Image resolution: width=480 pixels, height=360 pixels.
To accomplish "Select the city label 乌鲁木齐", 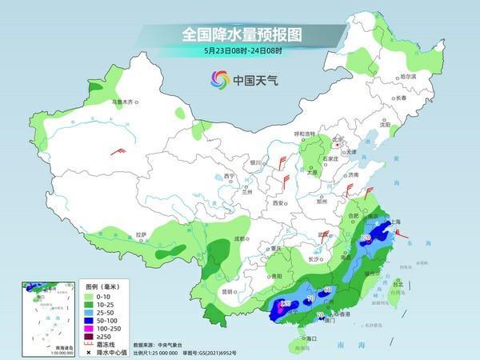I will tap(124, 102).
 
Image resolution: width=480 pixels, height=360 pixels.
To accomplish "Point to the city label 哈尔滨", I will tap(407, 76).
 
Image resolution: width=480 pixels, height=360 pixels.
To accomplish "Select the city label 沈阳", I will tap(386, 125).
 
